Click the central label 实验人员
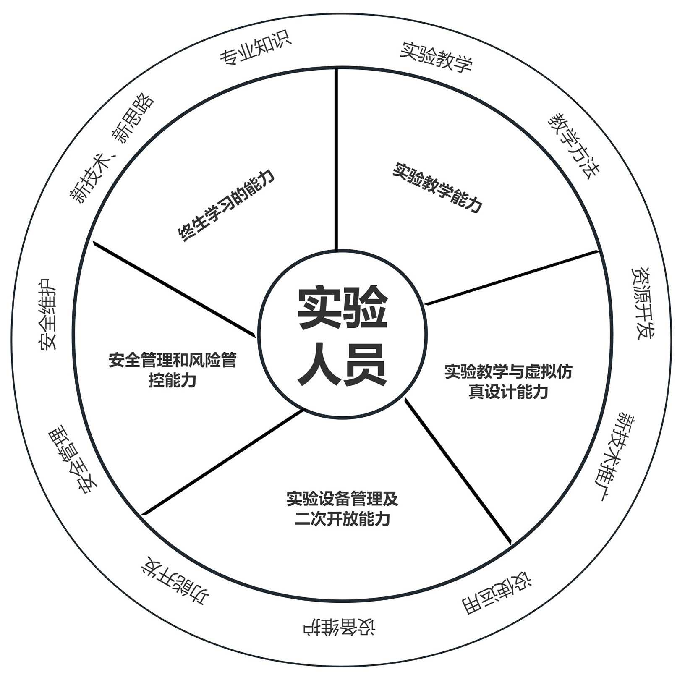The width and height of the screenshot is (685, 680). pos(342,335)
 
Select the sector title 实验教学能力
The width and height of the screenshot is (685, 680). pos(437,187)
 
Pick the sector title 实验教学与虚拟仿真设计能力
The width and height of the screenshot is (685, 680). pos(508,382)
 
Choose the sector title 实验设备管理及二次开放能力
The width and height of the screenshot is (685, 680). pos(342,509)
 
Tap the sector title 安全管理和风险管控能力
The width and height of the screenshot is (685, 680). pos(173,370)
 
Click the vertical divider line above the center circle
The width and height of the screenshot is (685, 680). pos(336,160)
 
